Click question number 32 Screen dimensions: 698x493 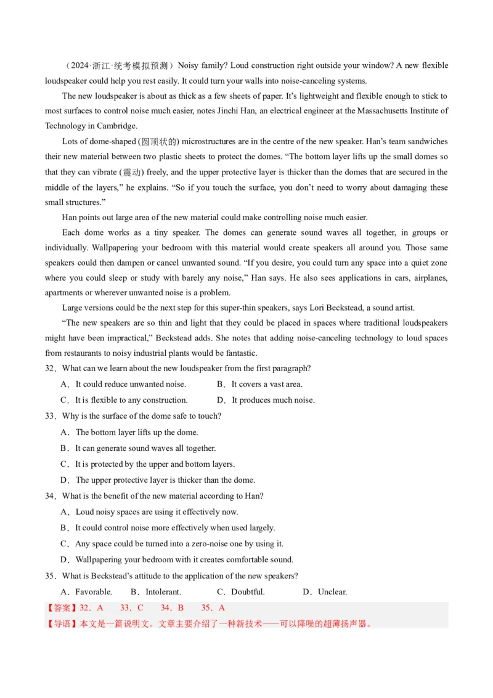pos(50,368)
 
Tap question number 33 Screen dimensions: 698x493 pos(50,416)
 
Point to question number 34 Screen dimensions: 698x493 pos(50,496)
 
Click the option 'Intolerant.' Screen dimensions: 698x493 pos(157,592)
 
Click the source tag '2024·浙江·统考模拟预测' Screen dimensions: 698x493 pos(120,65)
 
